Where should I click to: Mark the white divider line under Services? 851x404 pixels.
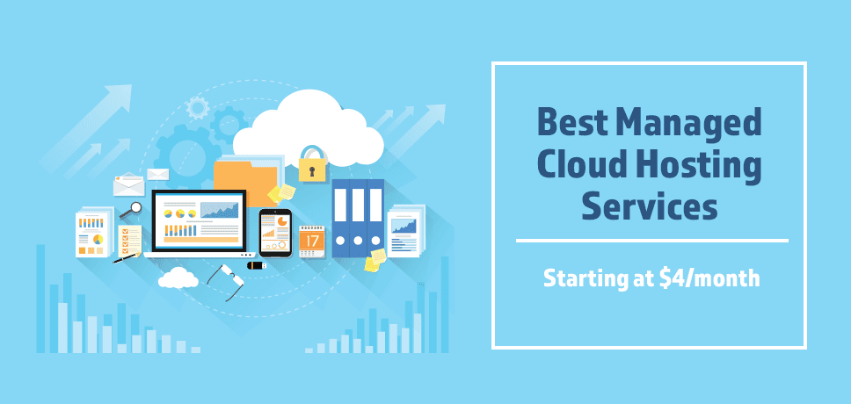pos(651,240)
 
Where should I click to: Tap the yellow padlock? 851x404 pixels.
pos(311,165)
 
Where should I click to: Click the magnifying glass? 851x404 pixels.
pos(131,210)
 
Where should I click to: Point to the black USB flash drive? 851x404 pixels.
pos(256,265)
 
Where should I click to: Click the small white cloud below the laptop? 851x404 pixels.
pos(178,278)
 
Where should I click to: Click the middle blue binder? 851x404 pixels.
pos(359,217)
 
